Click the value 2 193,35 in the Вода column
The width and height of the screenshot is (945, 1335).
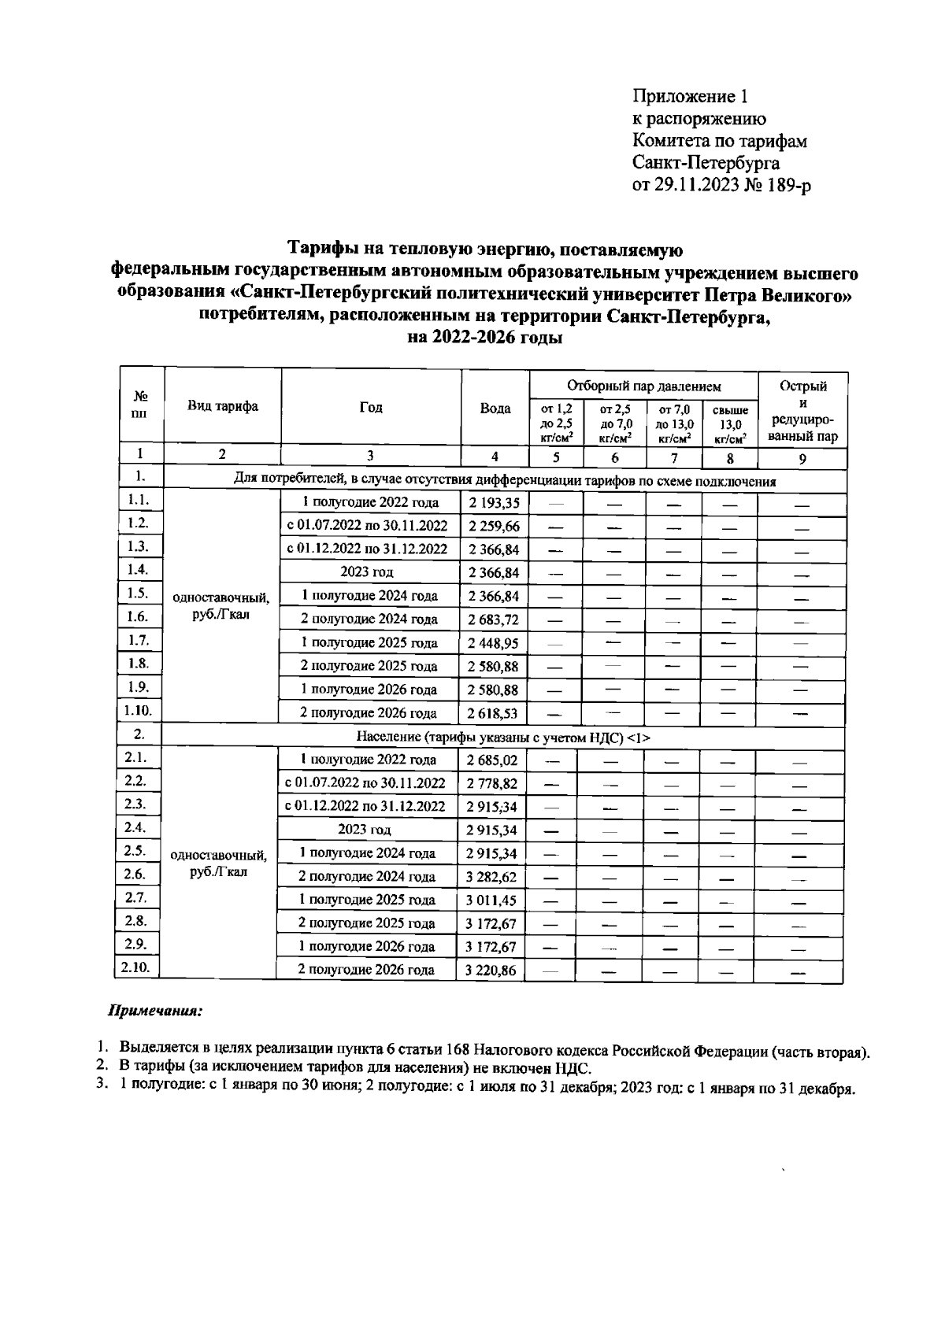click(494, 503)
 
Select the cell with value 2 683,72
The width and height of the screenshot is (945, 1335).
click(494, 619)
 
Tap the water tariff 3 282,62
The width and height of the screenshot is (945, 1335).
click(491, 877)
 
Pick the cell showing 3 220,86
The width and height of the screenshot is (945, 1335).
click(491, 971)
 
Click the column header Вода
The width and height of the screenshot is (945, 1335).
click(495, 409)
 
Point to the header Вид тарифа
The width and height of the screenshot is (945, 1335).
click(222, 407)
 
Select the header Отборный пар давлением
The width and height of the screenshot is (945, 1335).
click(643, 386)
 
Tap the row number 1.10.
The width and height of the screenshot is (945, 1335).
click(139, 711)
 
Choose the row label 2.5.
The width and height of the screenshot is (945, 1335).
click(135, 851)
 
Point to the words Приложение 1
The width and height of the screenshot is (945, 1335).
click(690, 97)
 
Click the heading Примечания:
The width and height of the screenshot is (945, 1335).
click(154, 1010)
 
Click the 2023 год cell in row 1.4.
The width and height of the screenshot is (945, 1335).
click(367, 572)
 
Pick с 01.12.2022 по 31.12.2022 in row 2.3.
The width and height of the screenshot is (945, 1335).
click(365, 806)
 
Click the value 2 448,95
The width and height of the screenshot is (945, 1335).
click(494, 643)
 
